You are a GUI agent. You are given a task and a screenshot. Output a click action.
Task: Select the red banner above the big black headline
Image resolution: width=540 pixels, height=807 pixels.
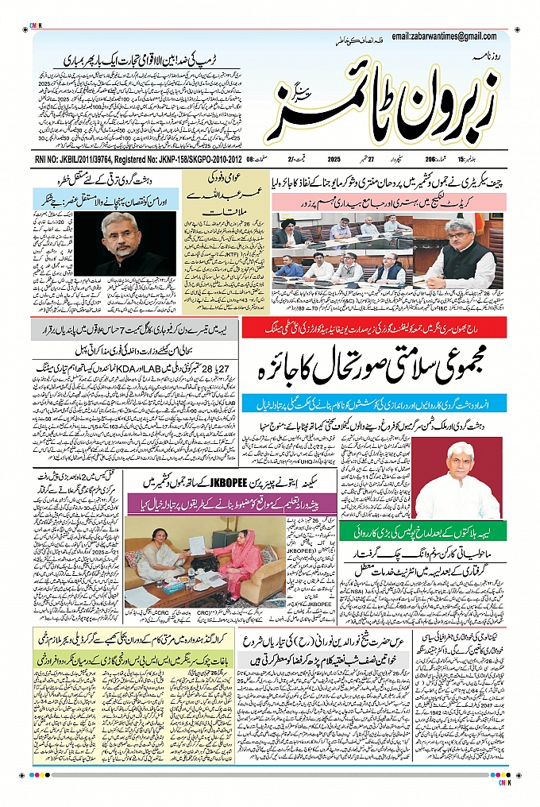coord(373,328)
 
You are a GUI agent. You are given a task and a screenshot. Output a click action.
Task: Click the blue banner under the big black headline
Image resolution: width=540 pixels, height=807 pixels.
coord(373,404)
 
